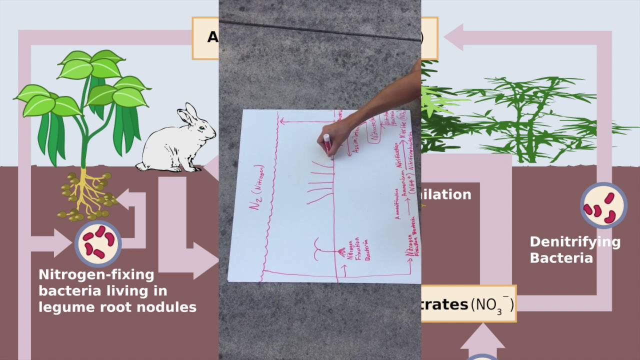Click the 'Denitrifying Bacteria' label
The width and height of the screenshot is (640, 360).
pyautogui.click(x=575, y=250)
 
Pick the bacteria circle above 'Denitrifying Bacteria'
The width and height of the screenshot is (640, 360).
pyautogui.click(x=603, y=205)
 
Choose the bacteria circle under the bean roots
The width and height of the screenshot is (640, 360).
pyautogui.click(x=98, y=243)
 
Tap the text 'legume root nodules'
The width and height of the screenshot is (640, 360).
pyautogui.click(x=117, y=306)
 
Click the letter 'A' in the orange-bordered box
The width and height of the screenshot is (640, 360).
pyautogui.click(x=212, y=37)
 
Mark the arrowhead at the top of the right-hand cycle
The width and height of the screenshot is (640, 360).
pyautogui.click(x=454, y=37)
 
